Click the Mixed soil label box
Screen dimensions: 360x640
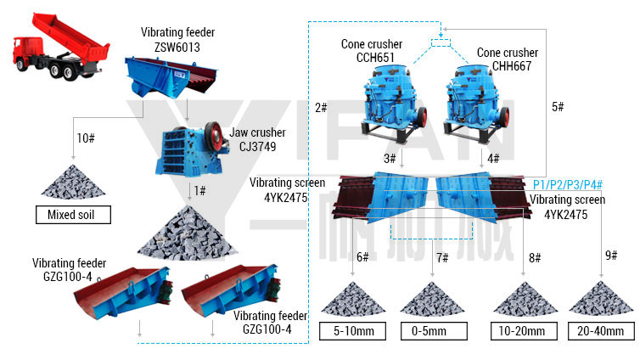[74, 215]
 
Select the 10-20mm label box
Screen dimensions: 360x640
[522, 330]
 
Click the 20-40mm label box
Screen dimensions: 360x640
[602, 330]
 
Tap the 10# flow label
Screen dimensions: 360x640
[86, 138]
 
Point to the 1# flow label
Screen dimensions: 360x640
[199, 190]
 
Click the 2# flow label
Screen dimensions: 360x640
[321, 108]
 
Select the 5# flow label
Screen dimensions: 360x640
[558, 107]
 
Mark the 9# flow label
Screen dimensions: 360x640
[611, 256]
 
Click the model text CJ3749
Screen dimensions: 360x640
[251, 146]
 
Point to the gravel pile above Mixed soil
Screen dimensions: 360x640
[73, 183]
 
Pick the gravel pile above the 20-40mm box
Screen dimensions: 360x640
[601, 300]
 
